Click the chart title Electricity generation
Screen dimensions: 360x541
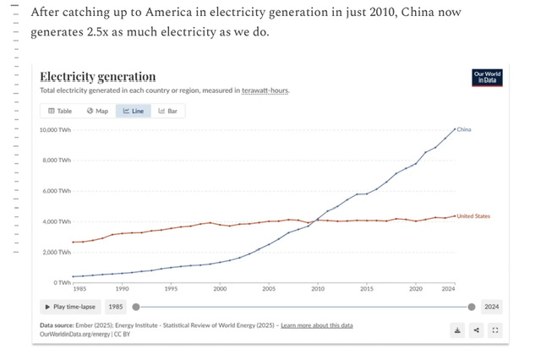tap(98, 77)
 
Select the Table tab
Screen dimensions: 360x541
tap(60, 111)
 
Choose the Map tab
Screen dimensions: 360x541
tap(97, 111)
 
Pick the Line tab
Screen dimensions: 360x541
tap(133, 111)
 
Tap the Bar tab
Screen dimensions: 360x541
tap(167, 111)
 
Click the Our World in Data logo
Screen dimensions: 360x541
tap(488, 78)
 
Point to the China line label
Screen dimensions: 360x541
tap(464, 129)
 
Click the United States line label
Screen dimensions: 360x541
tap(473, 216)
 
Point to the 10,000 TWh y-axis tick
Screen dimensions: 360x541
tap(55, 130)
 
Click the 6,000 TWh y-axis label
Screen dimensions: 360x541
tap(57, 191)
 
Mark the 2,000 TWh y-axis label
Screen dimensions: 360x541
tap(57, 252)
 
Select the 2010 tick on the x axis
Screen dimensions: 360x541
tap(318, 289)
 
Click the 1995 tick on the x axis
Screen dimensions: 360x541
tap(172, 289)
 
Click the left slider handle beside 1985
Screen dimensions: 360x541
tap(136, 307)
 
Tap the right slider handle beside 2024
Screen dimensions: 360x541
tap(472, 307)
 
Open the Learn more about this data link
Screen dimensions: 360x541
tap(317, 325)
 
